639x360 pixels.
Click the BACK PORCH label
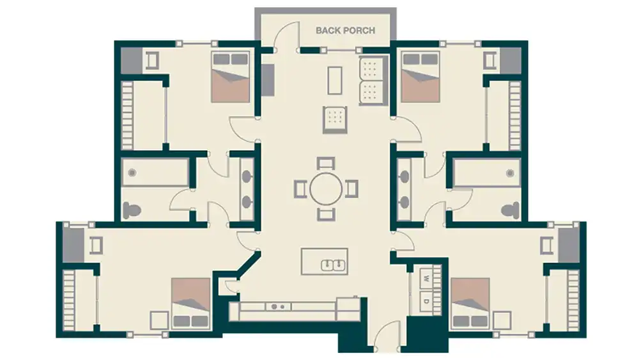pos(345,30)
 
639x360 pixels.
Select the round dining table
pos(326,189)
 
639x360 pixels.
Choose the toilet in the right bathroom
pos(510,209)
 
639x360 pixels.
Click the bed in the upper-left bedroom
pos(230,77)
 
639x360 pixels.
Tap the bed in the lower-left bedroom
pos(190,303)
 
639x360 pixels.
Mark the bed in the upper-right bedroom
pos(420,77)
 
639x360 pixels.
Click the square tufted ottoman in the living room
pos(335,118)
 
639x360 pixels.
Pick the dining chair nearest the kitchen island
pos(326,214)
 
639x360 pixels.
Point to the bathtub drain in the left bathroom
pos(132,173)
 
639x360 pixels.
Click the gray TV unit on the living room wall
pos(267,79)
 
